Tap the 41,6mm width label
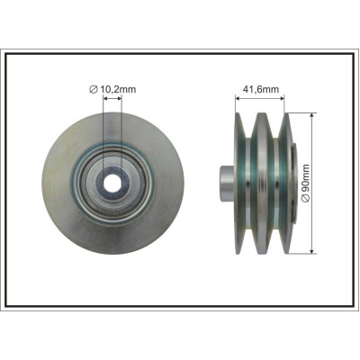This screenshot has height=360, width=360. [x=260, y=89]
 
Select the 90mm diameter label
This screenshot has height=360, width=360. [x=306, y=183]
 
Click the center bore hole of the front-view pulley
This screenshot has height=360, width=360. [x=112, y=184]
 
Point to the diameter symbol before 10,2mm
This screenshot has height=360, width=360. [x=94, y=89]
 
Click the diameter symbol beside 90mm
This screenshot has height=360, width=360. [x=306, y=198]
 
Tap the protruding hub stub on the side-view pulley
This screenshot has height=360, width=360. [x=227, y=184]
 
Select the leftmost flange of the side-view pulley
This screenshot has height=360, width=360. [x=240, y=184]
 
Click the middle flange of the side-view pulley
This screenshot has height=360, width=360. [x=262, y=184]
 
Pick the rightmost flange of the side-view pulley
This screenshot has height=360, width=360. [x=287, y=184]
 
